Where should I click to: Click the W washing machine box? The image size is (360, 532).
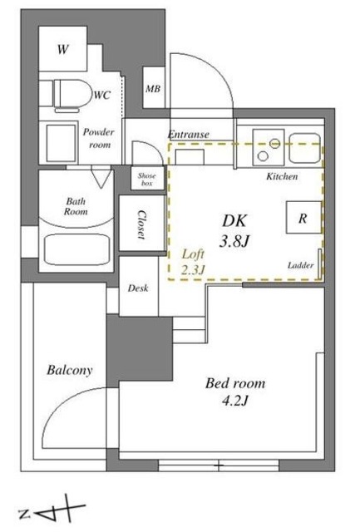point(63,49)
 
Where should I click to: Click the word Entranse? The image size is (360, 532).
point(189,134)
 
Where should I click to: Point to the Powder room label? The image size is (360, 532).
point(98,138)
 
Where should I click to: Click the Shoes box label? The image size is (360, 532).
point(146,178)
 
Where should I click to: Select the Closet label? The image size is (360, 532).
point(140,222)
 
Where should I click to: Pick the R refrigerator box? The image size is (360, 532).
point(303,219)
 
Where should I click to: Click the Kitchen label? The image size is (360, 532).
point(282,177)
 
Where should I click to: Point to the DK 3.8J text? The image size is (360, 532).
point(234,232)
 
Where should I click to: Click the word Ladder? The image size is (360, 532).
point(299,265)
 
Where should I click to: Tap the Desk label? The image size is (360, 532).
point(138,288)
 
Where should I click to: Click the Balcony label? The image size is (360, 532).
point(69,370)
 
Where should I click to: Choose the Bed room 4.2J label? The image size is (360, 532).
point(235,392)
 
